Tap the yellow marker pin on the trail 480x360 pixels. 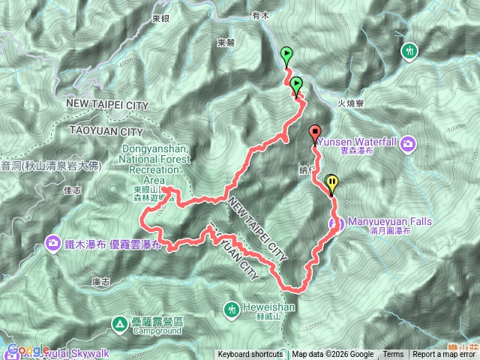pos(332,182)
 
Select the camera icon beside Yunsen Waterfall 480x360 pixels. pos(408,143)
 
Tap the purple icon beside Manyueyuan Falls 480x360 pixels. pos(335,223)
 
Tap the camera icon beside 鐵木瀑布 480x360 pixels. pos(53,243)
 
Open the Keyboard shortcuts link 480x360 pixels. pos(250,355)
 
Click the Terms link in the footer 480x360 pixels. pos(393,355)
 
